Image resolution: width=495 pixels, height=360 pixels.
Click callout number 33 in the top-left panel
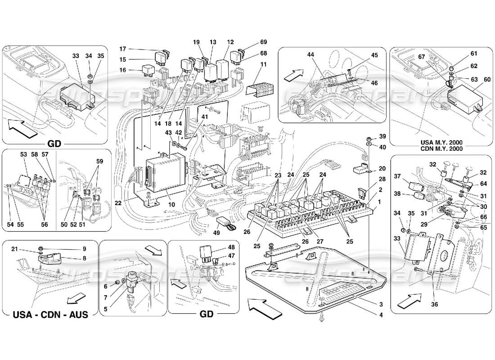pos(75,56)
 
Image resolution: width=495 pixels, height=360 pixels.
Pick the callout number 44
pos(310,54)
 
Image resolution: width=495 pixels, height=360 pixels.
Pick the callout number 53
pos(23,154)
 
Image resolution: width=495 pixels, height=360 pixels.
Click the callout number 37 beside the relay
pos(397,176)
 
